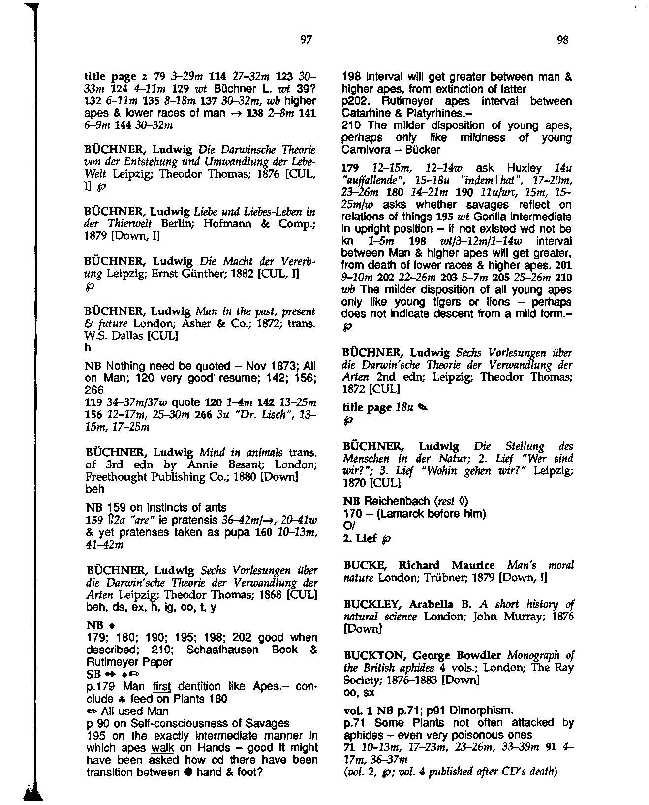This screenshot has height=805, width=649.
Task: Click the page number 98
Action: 562,40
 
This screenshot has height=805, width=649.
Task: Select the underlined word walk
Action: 160,748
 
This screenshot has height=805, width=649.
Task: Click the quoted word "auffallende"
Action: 368,181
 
